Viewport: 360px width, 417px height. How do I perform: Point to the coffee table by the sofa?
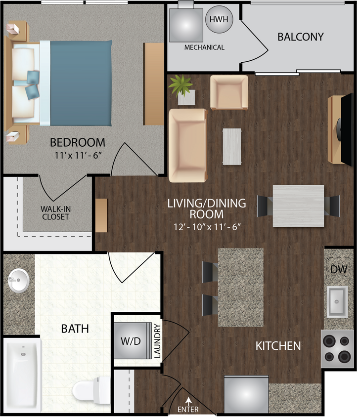click(x=232, y=146)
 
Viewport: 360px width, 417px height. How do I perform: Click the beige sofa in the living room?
click(x=187, y=145)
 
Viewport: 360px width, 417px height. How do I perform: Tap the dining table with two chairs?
click(x=298, y=206)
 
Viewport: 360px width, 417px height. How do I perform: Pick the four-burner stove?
click(x=338, y=348)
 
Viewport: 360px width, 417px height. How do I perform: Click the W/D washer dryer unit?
click(x=132, y=341)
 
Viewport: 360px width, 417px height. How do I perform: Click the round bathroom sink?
click(x=19, y=281)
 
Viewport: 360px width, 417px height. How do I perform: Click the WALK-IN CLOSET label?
click(x=55, y=212)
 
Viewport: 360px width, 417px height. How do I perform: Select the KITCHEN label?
click(x=278, y=345)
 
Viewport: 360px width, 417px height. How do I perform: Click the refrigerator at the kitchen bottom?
click(x=246, y=395)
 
